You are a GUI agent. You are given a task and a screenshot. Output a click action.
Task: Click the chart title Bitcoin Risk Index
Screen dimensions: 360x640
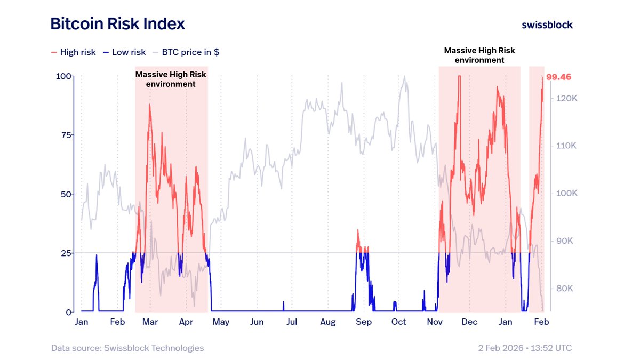pos(117,24)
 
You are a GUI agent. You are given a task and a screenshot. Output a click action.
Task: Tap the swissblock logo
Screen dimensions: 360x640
pos(547,25)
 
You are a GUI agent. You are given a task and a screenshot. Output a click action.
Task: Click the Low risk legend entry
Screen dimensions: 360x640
pos(124,52)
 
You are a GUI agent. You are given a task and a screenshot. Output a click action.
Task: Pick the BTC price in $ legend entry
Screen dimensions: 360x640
pos(186,52)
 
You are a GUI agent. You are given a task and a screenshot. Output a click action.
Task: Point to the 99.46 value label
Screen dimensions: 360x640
pos(558,77)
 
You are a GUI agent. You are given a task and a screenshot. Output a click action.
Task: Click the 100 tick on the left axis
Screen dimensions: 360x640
pos(64,76)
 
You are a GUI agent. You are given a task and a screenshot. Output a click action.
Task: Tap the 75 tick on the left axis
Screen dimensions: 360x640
pos(66,135)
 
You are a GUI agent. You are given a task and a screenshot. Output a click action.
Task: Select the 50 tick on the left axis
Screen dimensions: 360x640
pos(66,194)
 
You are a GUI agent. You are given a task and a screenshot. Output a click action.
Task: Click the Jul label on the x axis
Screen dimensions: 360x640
pos(292,322)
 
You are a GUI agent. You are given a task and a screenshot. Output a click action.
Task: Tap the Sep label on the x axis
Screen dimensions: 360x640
pos(364,322)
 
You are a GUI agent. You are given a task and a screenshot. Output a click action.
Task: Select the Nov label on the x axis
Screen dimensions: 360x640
pos(435,322)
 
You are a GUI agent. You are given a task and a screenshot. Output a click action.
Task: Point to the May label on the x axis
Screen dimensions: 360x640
pos(221,322)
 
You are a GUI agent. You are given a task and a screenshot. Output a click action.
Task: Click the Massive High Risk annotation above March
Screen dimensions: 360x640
pos(171,79)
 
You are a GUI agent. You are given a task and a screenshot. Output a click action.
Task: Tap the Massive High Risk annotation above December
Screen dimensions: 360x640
pos(479,55)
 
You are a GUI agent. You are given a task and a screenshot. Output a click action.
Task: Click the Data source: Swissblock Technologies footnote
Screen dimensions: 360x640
pos(127,348)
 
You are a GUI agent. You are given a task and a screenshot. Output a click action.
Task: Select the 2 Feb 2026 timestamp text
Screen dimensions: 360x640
pos(525,348)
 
